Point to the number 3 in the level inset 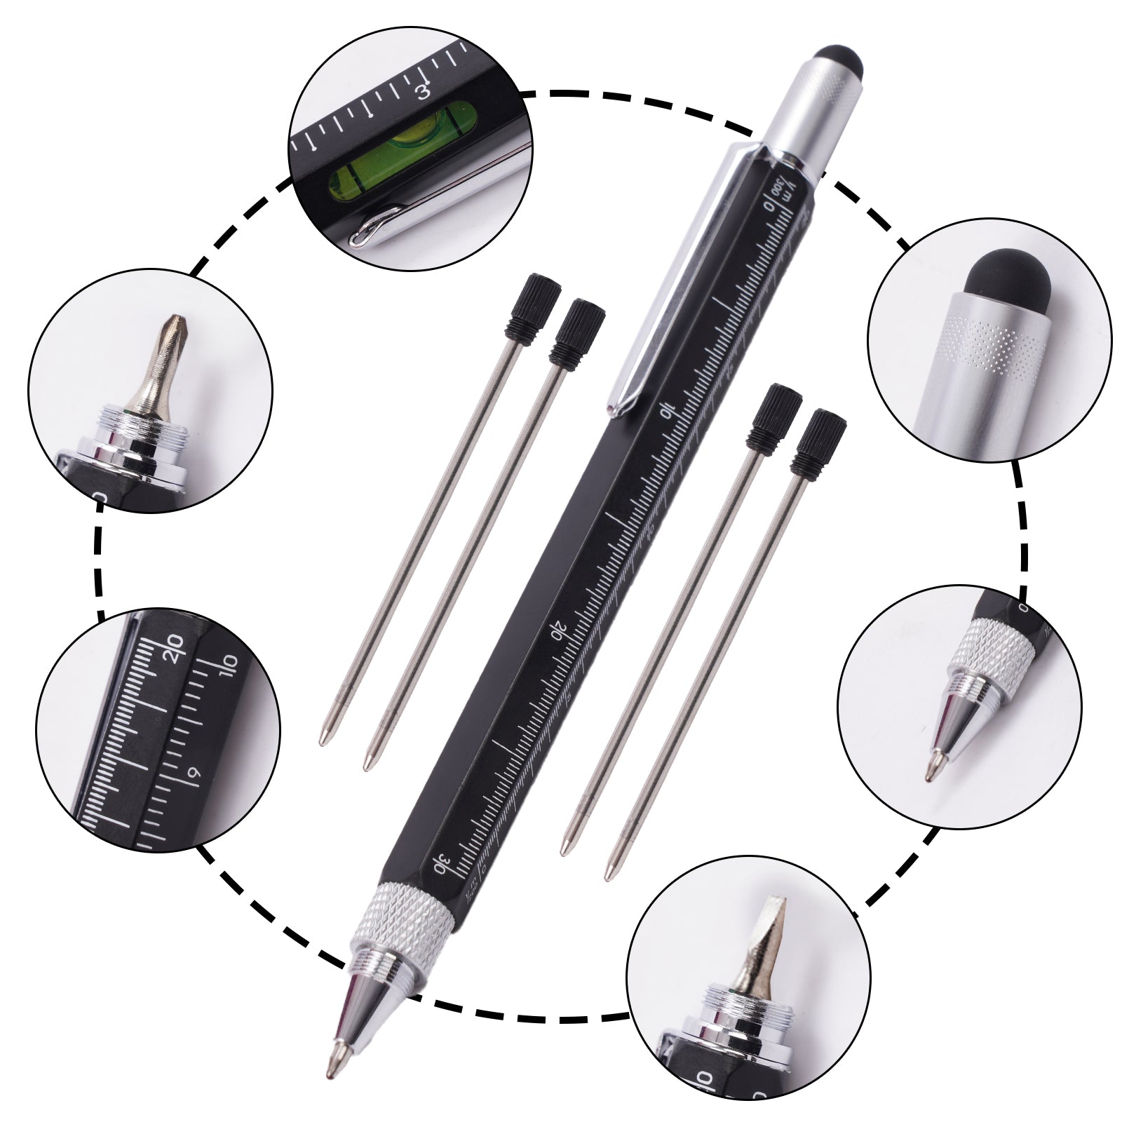click(422, 93)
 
